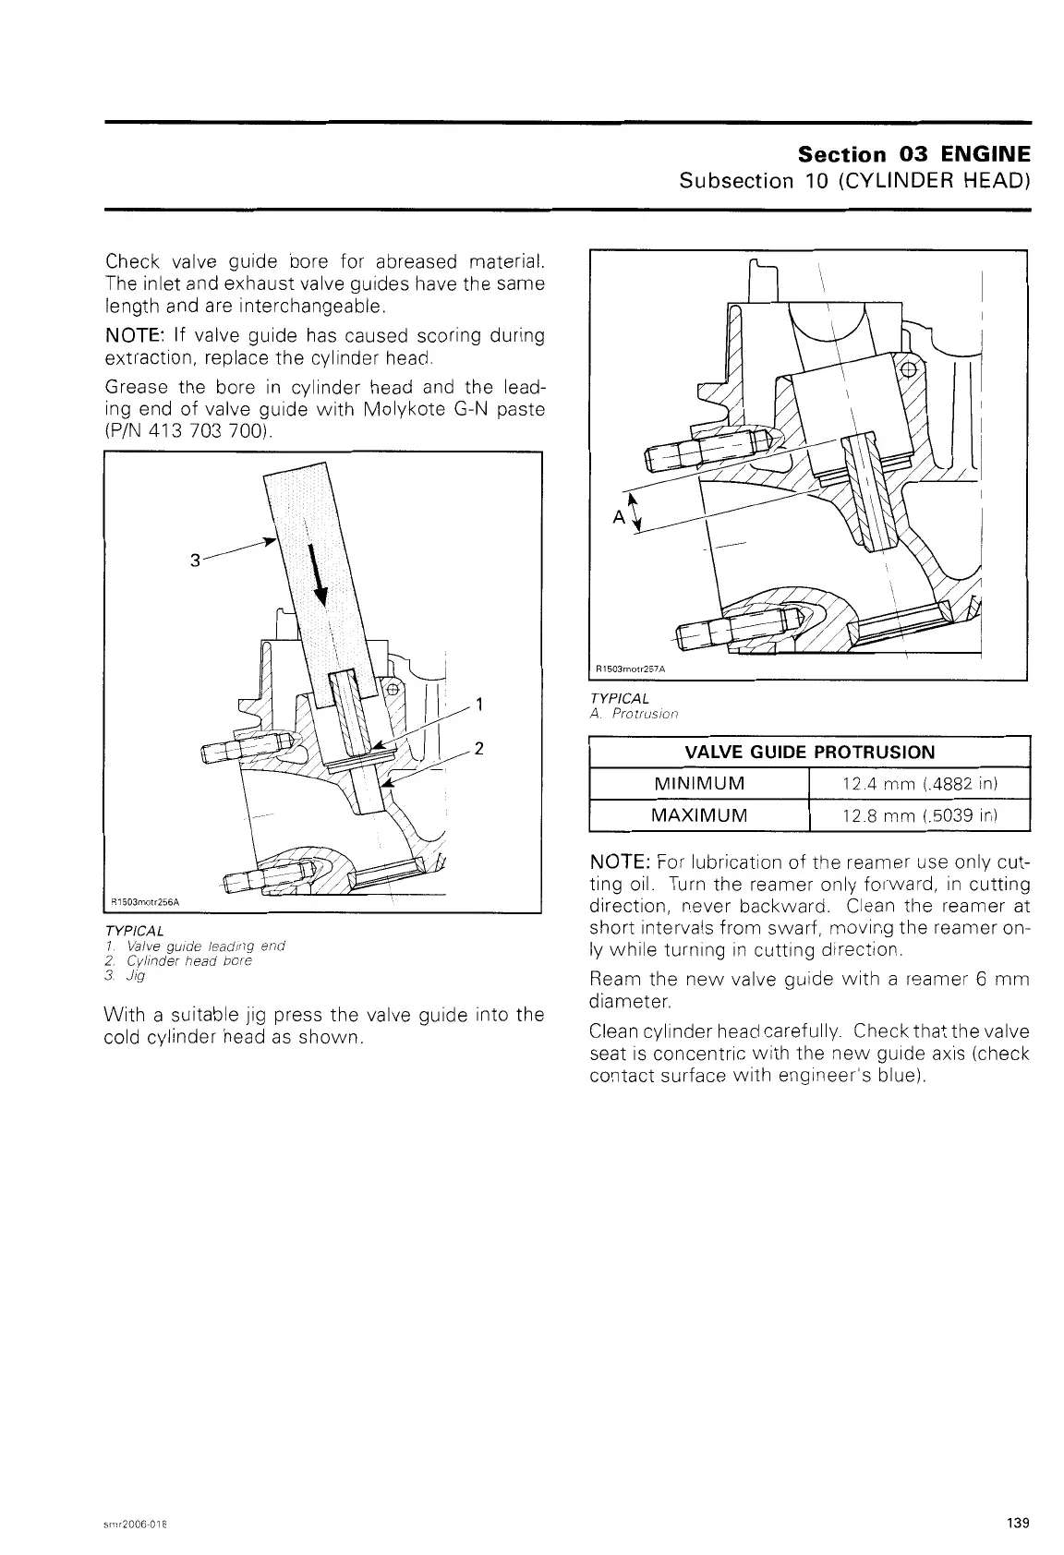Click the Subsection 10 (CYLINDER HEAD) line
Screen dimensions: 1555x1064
click(854, 179)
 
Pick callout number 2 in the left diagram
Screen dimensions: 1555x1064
click(479, 748)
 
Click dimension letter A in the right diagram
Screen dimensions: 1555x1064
click(618, 517)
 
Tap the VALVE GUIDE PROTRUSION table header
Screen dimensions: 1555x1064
click(809, 752)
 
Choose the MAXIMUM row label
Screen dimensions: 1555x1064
click(698, 816)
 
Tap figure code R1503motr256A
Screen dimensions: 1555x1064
click(145, 902)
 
